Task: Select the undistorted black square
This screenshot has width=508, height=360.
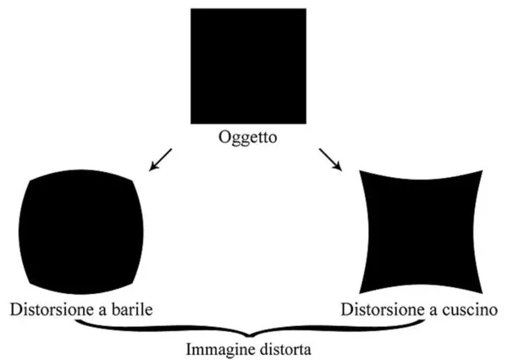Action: tap(248, 67)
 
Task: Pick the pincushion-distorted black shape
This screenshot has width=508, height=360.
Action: tap(421, 230)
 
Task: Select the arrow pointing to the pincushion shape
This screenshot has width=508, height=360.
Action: tap(333, 158)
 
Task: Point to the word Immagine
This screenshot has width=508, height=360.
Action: tap(216, 347)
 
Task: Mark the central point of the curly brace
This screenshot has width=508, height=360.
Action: tap(252, 331)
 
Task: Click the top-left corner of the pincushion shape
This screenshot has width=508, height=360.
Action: tap(362, 170)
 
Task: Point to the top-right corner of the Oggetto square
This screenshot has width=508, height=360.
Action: tap(306, 9)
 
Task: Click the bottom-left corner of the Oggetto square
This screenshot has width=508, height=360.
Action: tap(190, 125)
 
